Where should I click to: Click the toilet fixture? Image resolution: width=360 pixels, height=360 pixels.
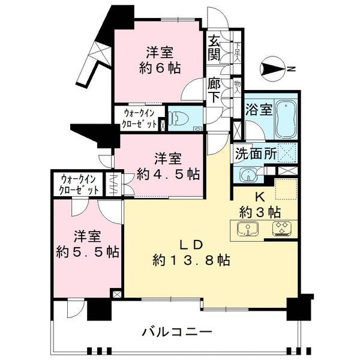tap(181, 118)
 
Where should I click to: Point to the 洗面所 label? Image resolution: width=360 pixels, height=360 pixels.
tap(255, 152)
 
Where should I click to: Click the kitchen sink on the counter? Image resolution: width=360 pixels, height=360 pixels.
tap(247, 229)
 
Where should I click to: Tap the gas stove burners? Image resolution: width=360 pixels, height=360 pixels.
tap(281, 229)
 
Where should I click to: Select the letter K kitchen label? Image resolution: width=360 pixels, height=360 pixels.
tap(260, 196)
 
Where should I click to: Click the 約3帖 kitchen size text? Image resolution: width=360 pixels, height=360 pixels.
tap(260, 211)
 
